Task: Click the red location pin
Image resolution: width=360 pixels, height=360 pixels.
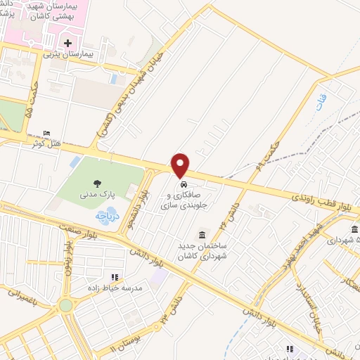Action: coord(181,165)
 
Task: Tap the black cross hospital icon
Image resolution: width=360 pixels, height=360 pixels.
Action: coord(68,42)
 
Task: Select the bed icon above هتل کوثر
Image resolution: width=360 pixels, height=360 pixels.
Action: coord(47,134)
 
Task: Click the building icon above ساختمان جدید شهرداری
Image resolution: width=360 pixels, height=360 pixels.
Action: coord(202,234)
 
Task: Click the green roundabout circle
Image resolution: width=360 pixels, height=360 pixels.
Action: coord(65,305)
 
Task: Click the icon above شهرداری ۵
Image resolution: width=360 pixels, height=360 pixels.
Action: coord(354,229)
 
